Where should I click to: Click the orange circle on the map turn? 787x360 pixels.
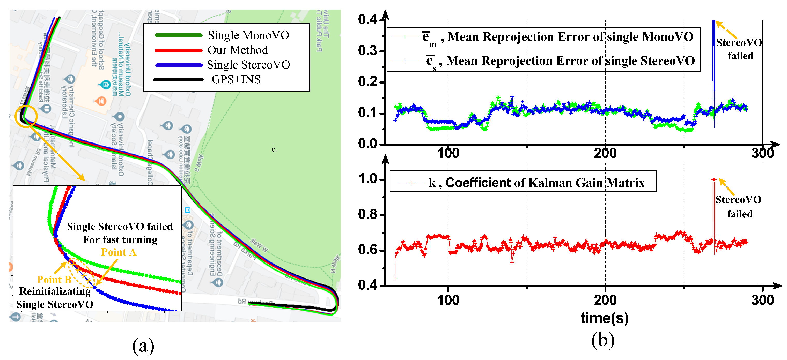[x=26, y=116]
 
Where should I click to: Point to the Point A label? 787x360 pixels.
[x=119, y=252]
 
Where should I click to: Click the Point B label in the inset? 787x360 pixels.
[x=54, y=280]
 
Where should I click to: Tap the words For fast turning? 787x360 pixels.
[x=120, y=240]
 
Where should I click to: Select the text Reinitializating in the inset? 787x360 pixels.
[x=55, y=291]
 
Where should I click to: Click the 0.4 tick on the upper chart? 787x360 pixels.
[x=367, y=20]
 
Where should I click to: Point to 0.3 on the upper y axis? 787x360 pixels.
[x=367, y=51]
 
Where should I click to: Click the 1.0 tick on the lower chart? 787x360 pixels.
[x=367, y=179]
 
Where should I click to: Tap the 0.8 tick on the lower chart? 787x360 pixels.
[x=367, y=214]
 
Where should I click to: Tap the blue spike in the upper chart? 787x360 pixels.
[x=714, y=61]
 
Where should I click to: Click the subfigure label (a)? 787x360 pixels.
[x=143, y=346]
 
